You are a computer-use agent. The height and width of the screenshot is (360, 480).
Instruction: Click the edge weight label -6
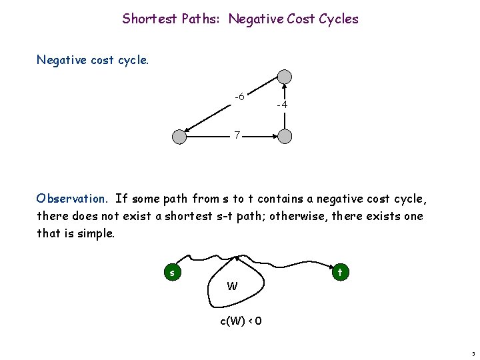[x=239, y=97]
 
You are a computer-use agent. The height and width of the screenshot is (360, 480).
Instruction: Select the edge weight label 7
[x=237, y=136]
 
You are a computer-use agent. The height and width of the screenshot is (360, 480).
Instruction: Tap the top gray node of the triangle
[x=285, y=77]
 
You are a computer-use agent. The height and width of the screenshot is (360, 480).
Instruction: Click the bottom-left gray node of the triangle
[x=179, y=137]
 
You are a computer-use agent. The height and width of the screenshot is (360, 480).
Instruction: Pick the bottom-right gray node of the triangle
[x=285, y=137]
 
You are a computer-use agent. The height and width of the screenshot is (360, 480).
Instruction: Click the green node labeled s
[x=173, y=272]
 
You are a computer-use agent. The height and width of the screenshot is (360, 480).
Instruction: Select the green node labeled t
[x=340, y=272]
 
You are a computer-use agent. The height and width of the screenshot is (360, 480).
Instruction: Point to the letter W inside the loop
[x=232, y=287]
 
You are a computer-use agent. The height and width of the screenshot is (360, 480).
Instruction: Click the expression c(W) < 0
[x=241, y=321]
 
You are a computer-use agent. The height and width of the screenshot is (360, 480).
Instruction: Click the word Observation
[x=71, y=198]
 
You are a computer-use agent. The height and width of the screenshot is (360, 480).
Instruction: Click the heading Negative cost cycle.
[x=93, y=60]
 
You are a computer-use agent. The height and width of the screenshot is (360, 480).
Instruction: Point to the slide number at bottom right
[x=473, y=353]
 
